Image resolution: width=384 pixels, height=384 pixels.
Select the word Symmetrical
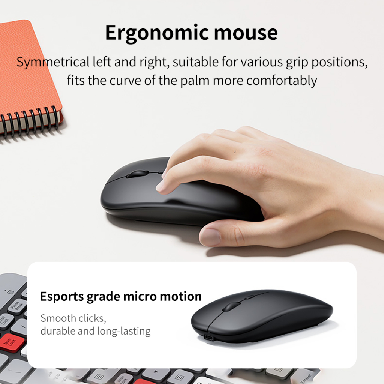pos(53,62)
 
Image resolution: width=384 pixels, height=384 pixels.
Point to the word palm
pos(195,81)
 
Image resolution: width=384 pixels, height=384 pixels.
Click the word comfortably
pos(282,81)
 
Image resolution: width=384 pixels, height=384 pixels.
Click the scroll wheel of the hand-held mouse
pos(137,174)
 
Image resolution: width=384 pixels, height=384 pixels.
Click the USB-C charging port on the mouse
pos(209,338)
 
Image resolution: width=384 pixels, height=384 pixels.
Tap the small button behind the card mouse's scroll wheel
pos(250,297)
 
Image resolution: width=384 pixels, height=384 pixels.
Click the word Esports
pos(62,297)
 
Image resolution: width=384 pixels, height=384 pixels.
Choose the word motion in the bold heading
pos(180,296)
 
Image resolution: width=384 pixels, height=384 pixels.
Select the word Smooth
pos(58,318)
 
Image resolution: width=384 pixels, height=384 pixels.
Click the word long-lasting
pos(124,331)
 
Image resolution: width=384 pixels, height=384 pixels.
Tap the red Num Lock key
pos(12,342)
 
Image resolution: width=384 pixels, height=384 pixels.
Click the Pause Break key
pos(17,306)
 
